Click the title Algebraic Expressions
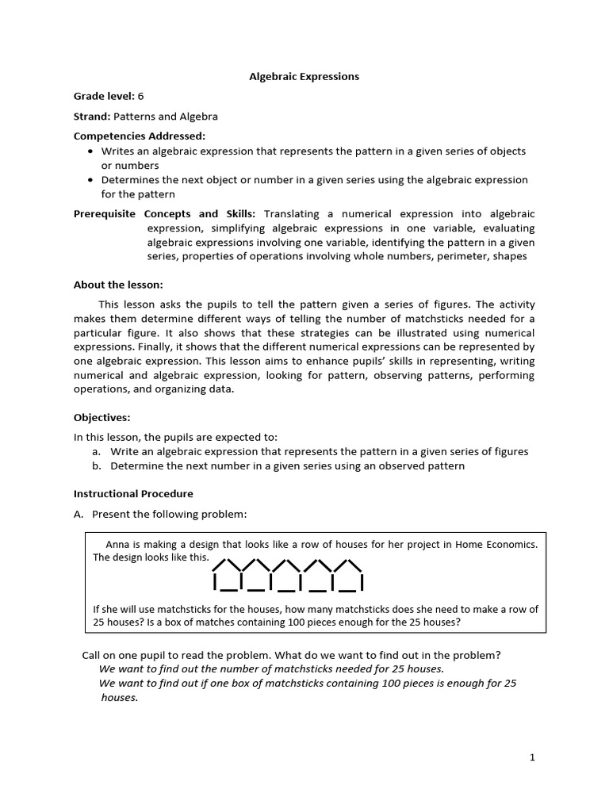[304, 77]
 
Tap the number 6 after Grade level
[140, 96]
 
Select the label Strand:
[91, 116]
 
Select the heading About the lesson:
[118, 285]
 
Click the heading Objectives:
[102, 417]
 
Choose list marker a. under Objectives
[97, 452]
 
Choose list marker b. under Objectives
[97, 466]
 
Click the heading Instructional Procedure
[133, 494]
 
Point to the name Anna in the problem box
[118, 544]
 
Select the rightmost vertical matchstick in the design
[362, 584]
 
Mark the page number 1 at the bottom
[533, 757]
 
